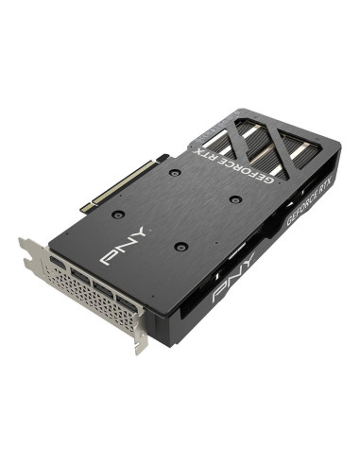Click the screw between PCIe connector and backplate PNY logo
click(x=117, y=215)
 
